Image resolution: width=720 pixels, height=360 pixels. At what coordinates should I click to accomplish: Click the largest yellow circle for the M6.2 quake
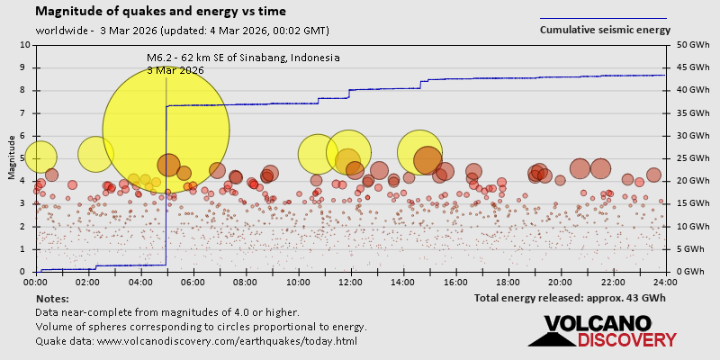[166, 130]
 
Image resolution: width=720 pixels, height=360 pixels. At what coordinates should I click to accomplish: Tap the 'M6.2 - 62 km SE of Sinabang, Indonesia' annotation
[243, 58]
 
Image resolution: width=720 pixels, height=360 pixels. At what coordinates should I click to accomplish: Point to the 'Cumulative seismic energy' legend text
[605, 30]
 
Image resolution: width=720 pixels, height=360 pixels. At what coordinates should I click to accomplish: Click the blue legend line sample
[603, 18]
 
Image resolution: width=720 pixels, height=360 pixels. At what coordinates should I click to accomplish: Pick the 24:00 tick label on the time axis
[665, 282]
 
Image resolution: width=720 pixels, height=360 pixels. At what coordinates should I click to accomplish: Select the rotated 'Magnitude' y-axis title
[11, 157]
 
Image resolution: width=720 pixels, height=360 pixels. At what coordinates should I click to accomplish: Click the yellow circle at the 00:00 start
[40, 157]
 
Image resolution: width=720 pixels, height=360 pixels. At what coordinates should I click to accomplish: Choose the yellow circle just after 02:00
[95, 154]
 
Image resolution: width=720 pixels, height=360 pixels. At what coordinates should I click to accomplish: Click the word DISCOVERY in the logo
[626, 339]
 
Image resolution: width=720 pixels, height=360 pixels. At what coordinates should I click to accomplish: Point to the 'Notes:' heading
[51, 298]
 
